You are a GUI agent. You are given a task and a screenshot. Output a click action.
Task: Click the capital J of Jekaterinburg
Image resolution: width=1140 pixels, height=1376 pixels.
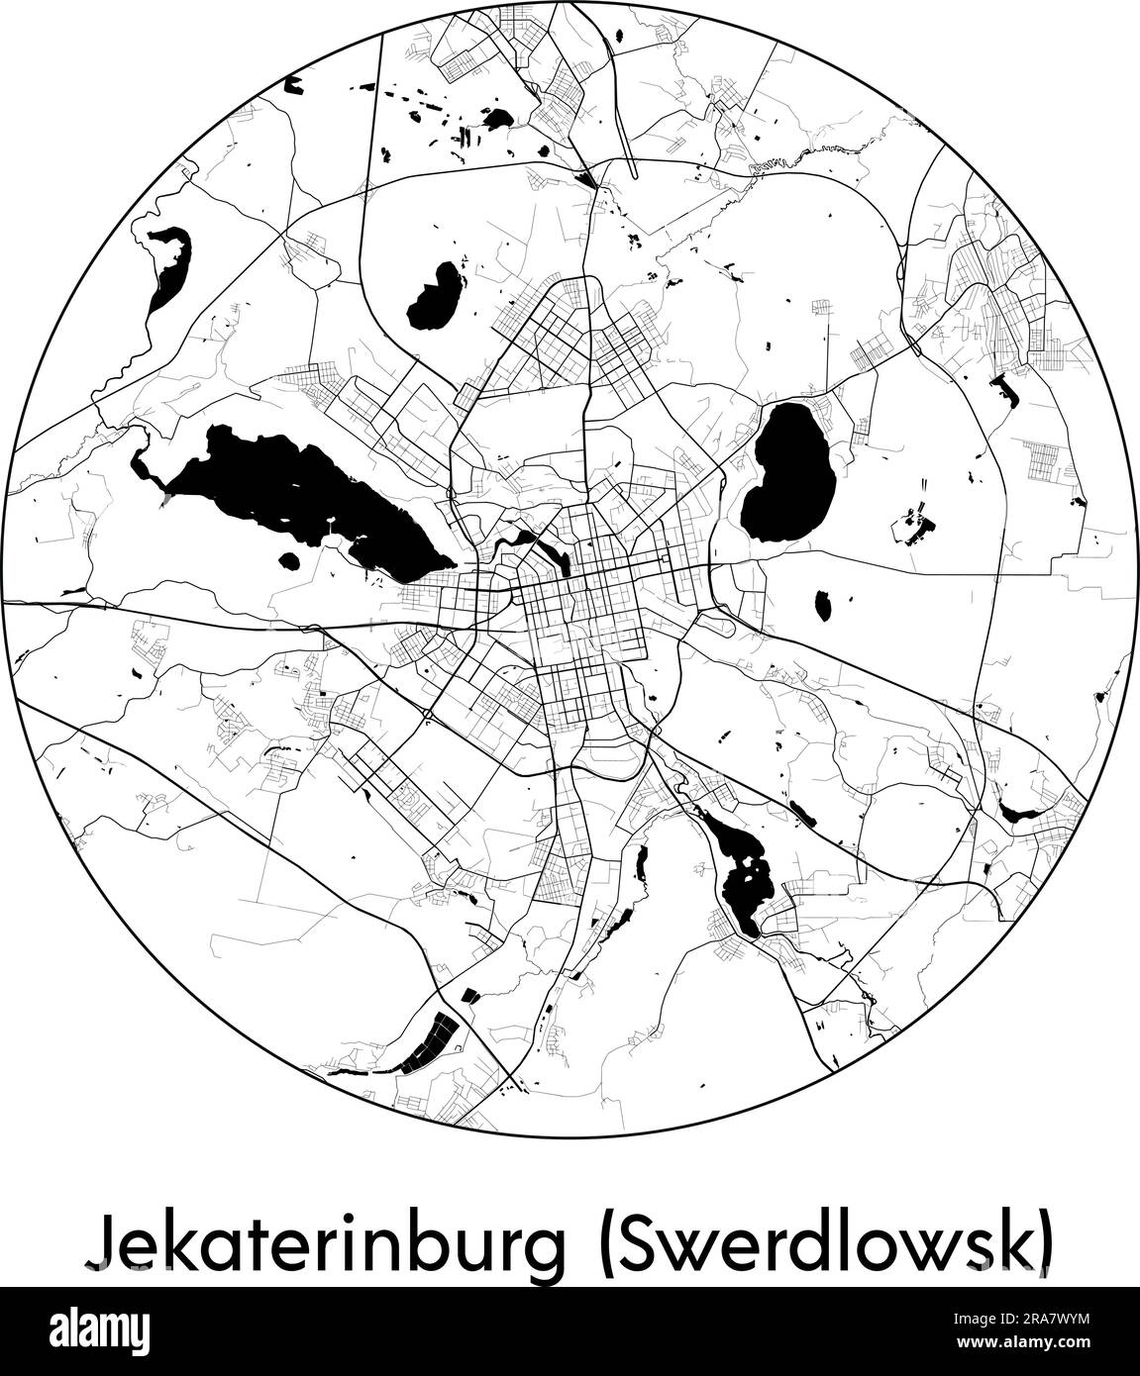point(99,1237)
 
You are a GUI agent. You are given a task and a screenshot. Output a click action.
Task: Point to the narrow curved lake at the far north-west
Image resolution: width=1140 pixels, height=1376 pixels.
point(166,265)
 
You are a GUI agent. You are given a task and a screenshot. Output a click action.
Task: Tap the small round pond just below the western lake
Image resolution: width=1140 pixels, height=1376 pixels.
point(289,561)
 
